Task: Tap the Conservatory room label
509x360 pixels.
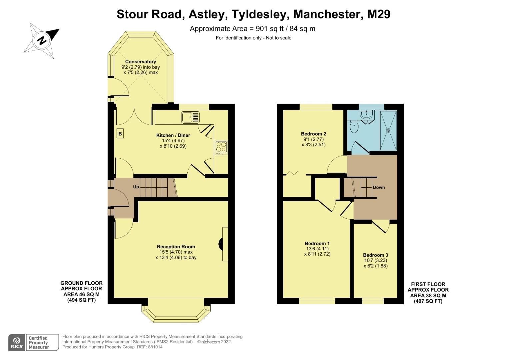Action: click(140, 62)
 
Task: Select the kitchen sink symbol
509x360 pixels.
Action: click(190, 117)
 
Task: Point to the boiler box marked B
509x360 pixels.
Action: click(120, 134)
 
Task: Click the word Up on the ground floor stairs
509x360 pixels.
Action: click(136, 187)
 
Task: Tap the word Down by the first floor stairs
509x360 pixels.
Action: click(379, 187)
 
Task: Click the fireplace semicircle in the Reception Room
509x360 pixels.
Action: click(221, 244)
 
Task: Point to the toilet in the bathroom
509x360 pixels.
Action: click(354, 127)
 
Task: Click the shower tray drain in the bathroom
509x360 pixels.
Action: click(388, 130)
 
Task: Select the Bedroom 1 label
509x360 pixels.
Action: click(317, 243)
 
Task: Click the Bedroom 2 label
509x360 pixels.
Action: click(313, 134)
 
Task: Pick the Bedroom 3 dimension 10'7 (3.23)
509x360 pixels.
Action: click(375, 260)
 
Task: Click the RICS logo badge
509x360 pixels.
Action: click(17, 342)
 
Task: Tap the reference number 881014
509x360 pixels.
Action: click(155, 347)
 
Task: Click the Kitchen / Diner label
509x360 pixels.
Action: click(173, 135)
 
